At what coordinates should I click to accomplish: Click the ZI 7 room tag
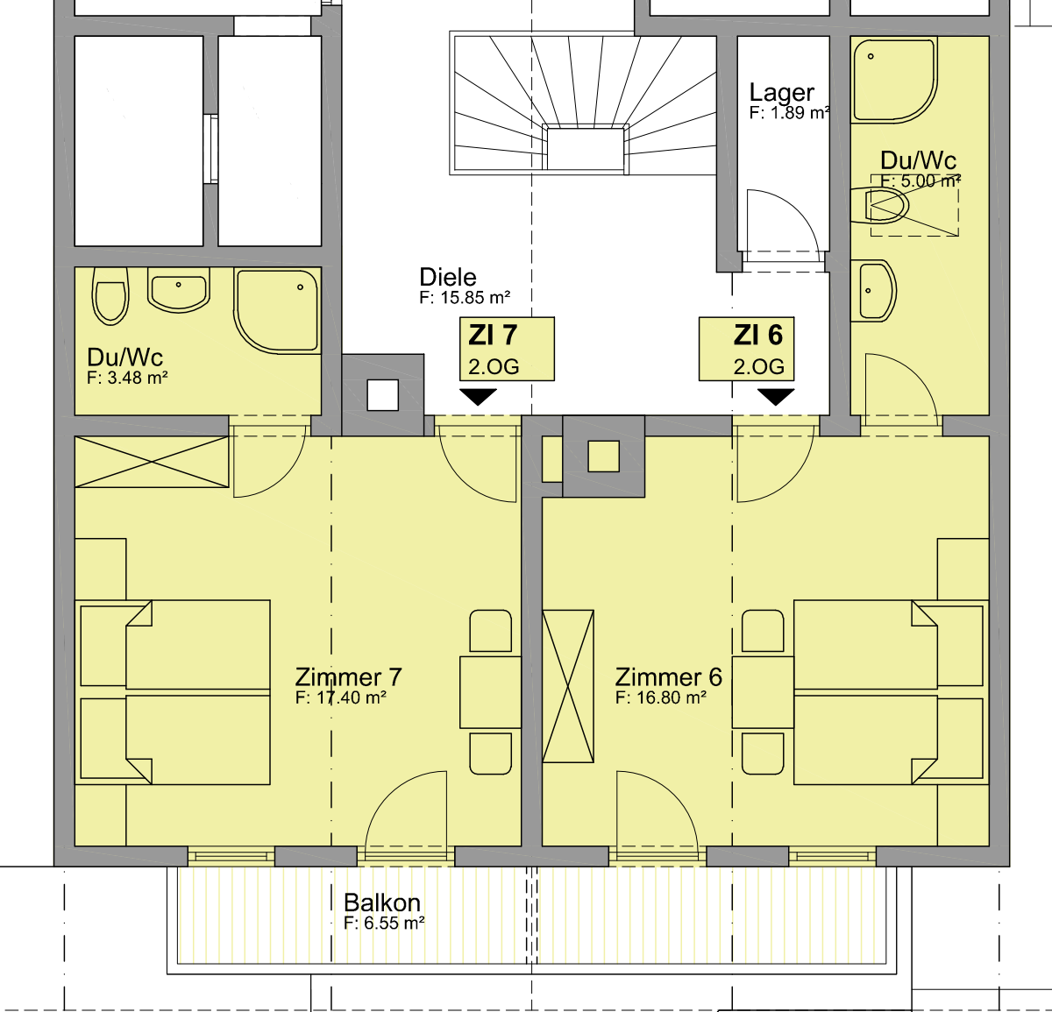point(507,349)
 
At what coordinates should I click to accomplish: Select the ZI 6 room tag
point(747,349)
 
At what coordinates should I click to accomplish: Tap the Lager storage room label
point(782,92)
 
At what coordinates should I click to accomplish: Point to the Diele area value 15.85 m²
point(465,298)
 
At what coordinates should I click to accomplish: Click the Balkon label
point(382,902)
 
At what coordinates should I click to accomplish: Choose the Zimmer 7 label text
point(348,676)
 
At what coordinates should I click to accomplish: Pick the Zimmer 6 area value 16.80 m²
point(661,697)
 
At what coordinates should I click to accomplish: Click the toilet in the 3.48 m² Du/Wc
point(110,295)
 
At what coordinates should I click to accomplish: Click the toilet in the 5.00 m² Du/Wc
point(880,206)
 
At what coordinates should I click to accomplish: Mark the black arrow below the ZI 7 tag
point(479,397)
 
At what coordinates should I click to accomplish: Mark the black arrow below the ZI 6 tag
point(776,397)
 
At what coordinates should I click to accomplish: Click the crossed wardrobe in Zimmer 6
point(568,686)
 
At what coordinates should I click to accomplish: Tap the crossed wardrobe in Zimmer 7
point(152,462)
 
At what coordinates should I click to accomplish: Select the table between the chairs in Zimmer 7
point(490,692)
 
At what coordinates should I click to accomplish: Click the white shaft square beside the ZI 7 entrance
point(383,395)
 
